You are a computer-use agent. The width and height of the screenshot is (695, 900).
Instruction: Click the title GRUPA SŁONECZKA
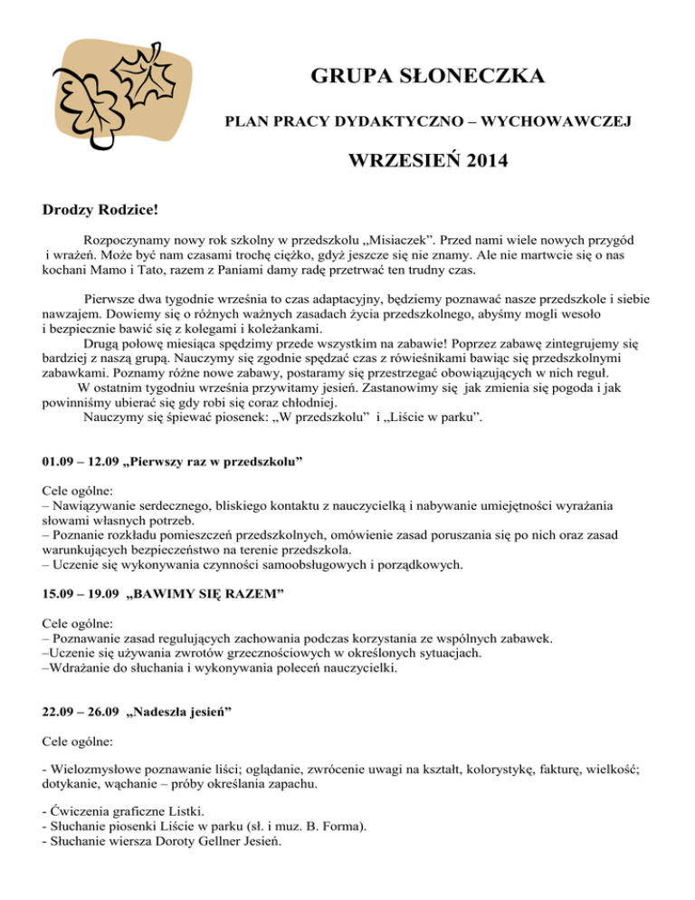click(427, 76)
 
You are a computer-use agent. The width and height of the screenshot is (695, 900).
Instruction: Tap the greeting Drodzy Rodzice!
click(100, 211)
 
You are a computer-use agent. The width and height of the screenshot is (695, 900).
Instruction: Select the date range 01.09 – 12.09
click(81, 461)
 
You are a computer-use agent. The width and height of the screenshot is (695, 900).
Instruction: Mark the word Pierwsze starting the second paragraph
click(113, 298)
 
